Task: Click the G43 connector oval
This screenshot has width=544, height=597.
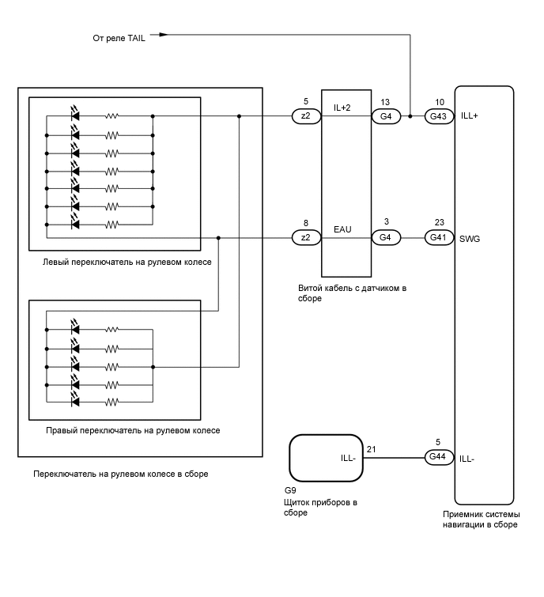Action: tap(436, 116)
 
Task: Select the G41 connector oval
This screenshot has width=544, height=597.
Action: tap(436, 237)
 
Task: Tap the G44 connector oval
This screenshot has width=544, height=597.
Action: tap(436, 457)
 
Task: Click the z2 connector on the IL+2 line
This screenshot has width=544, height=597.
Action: tap(306, 116)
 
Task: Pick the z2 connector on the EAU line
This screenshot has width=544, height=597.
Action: tap(306, 237)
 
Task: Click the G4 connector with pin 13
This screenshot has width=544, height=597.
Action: tap(386, 116)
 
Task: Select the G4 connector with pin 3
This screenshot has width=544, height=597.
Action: tap(386, 237)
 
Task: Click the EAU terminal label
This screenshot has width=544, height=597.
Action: tap(343, 230)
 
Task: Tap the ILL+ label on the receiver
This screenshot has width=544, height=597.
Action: tap(469, 116)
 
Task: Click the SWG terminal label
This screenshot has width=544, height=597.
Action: tap(470, 237)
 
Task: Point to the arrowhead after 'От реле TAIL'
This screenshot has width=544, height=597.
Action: tap(164, 35)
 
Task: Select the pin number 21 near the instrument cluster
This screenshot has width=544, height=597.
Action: tap(372, 449)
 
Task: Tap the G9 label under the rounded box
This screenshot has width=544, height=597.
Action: tap(289, 491)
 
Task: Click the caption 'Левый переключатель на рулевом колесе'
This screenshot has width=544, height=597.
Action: tap(128, 261)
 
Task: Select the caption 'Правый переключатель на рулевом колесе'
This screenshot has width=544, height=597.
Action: tap(133, 430)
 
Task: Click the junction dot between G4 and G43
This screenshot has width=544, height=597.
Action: tap(411, 116)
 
